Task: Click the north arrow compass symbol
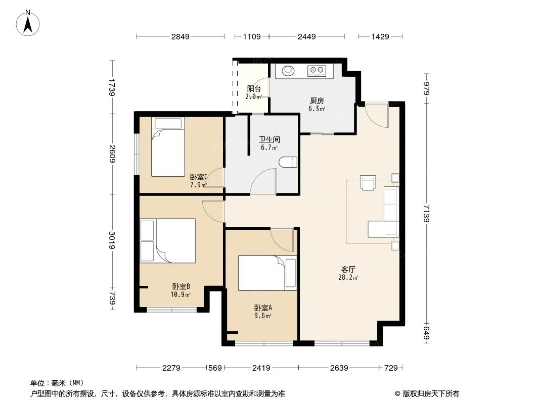click(x=29, y=22)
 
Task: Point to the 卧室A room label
click(x=263, y=308)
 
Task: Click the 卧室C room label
click(x=199, y=177)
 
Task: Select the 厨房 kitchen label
click(x=317, y=100)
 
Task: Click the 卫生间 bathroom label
click(x=269, y=140)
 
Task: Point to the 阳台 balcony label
click(x=254, y=89)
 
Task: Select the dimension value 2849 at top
click(x=180, y=36)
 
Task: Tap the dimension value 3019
click(x=112, y=240)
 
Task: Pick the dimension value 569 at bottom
click(x=215, y=368)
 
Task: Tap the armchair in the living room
click(x=368, y=182)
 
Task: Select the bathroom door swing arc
click(x=264, y=182)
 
